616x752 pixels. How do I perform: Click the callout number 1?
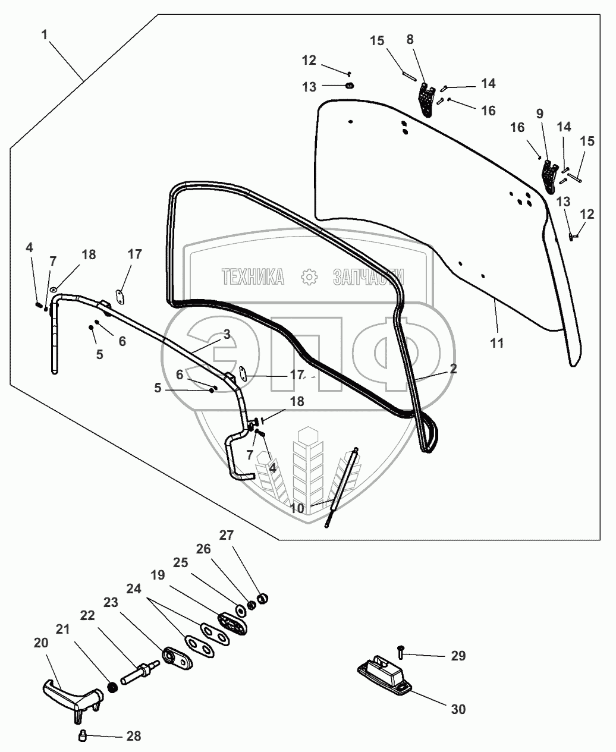(x=45, y=35)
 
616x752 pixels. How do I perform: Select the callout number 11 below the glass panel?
(x=496, y=343)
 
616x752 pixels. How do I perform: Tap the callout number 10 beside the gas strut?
(x=297, y=508)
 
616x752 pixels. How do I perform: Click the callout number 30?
(x=458, y=709)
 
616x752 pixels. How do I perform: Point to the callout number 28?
(x=133, y=736)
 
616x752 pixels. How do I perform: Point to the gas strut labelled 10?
(x=342, y=486)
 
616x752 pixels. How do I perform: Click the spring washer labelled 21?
(x=110, y=688)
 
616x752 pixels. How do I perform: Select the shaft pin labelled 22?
(x=140, y=674)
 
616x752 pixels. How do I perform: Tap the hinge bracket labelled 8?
(x=426, y=98)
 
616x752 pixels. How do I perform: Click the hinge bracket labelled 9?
(x=548, y=175)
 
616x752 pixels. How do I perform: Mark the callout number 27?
(x=227, y=534)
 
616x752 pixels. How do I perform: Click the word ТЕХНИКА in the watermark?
(x=253, y=276)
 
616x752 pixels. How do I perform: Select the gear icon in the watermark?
(x=308, y=276)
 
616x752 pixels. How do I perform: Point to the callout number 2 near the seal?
(x=453, y=369)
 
